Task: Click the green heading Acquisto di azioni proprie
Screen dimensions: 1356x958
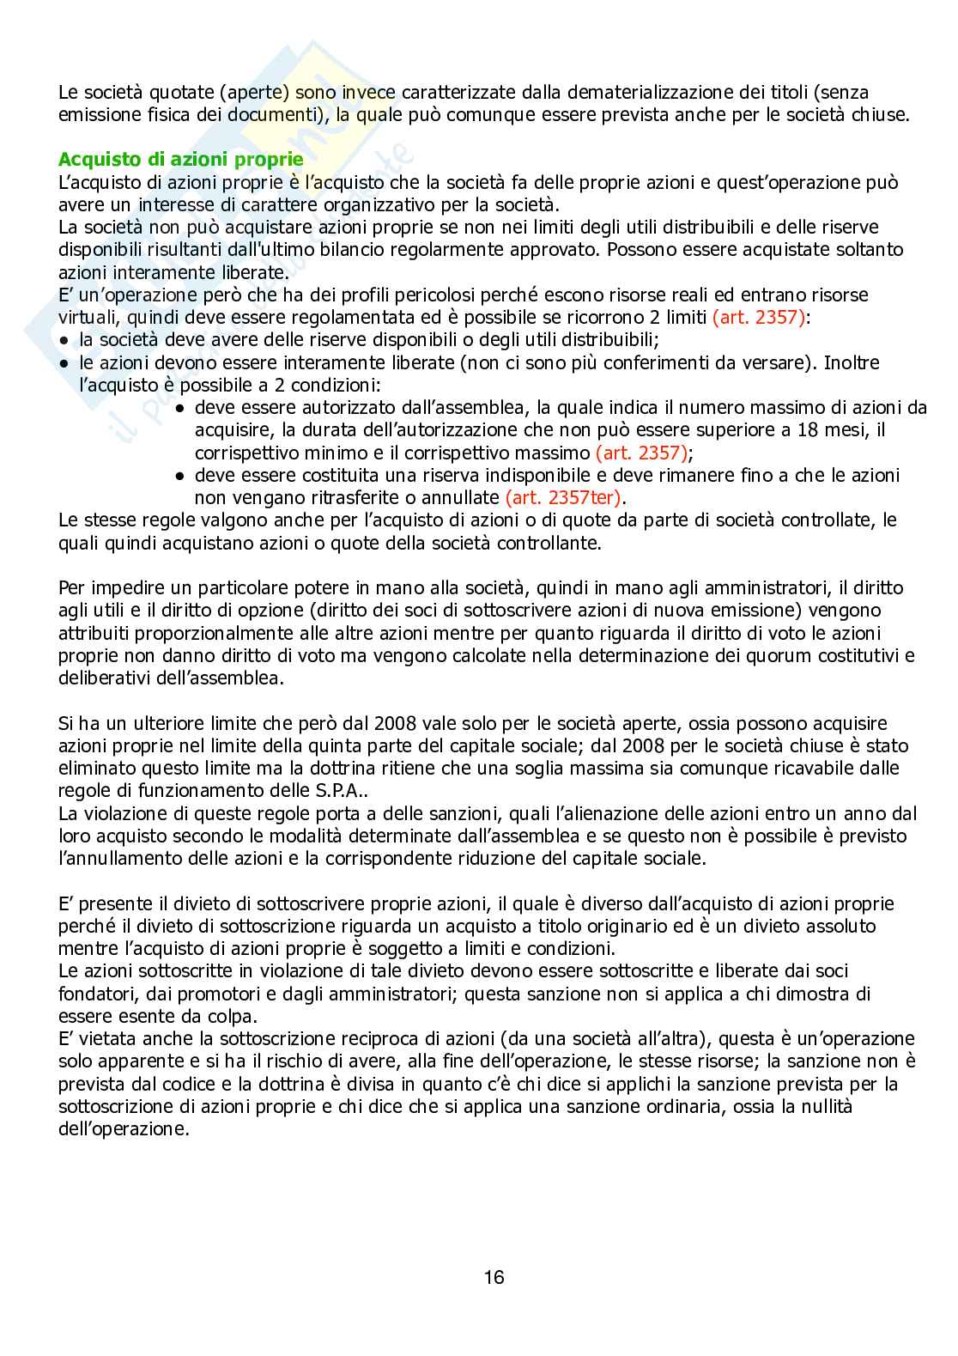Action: (180, 160)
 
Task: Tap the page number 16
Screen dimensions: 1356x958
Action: (494, 1277)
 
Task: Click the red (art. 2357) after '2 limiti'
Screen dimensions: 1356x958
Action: (760, 317)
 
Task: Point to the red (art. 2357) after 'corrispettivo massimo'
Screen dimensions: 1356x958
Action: (642, 453)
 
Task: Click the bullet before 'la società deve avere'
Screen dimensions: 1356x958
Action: (64, 340)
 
